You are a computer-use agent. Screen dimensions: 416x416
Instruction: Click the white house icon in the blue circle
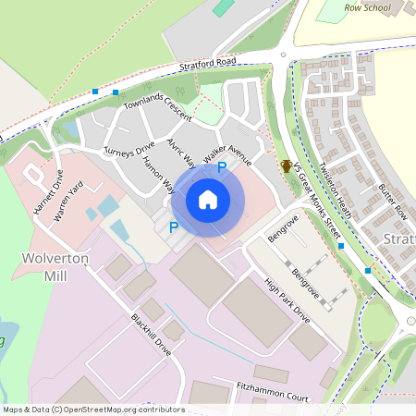click(x=208, y=200)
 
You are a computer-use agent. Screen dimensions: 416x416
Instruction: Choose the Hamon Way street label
click(x=157, y=172)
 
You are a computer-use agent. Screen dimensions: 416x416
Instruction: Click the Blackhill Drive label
click(x=152, y=336)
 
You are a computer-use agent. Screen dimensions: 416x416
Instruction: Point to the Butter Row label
click(x=393, y=200)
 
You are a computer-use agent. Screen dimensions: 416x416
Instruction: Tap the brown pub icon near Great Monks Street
click(x=288, y=166)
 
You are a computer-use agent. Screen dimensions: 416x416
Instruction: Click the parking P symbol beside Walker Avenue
click(x=222, y=167)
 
